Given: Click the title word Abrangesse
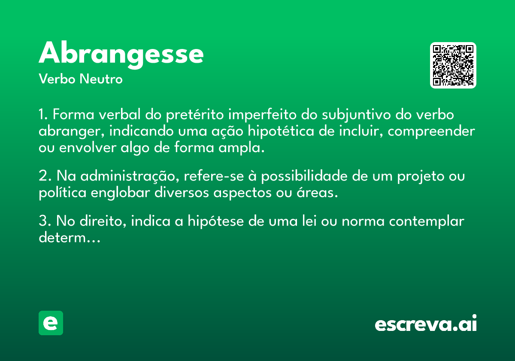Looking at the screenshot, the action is tap(121, 55).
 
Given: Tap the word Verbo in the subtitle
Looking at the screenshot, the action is tap(57, 79).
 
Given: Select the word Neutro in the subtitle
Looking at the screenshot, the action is tap(101, 79).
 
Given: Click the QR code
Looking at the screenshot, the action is tap(453, 65).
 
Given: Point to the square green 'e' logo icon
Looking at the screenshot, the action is tap(51, 323).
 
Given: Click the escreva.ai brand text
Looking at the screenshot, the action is tap(426, 323).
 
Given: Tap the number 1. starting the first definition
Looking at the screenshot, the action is tap(43, 114).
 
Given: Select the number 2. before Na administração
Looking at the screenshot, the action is tap(45, 176).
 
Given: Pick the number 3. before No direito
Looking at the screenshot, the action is tap(45, 221).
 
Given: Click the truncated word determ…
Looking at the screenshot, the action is tap(70, 238).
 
